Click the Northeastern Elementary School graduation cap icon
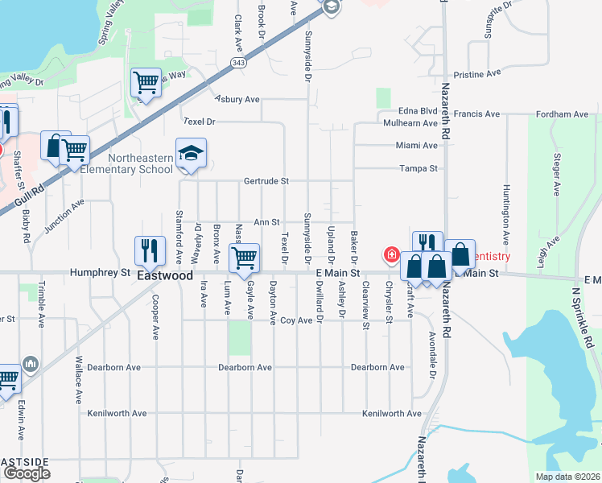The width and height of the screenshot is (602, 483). pos(192,153)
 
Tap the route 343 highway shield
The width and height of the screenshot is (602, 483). pos(237,62)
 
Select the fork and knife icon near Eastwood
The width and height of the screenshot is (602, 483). pos(150,251)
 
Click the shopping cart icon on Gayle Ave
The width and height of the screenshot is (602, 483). pos(244,258)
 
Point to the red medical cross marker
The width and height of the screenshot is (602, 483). pos(391,255)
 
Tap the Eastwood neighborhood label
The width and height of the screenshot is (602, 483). pos(165,275)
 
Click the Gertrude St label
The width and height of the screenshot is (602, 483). pos(266,181)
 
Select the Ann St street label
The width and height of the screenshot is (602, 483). pos(266,222)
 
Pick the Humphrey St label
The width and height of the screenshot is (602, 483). pos(101,273)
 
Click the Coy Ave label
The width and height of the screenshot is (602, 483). pos(296,320)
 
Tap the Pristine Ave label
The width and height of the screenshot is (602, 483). pos(477,73)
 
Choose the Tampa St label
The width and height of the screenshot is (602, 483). pos(419,169)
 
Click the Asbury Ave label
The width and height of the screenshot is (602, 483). pos(237,100)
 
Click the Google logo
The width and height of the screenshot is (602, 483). pos(27,473)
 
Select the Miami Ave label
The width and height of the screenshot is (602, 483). pos(416,146)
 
